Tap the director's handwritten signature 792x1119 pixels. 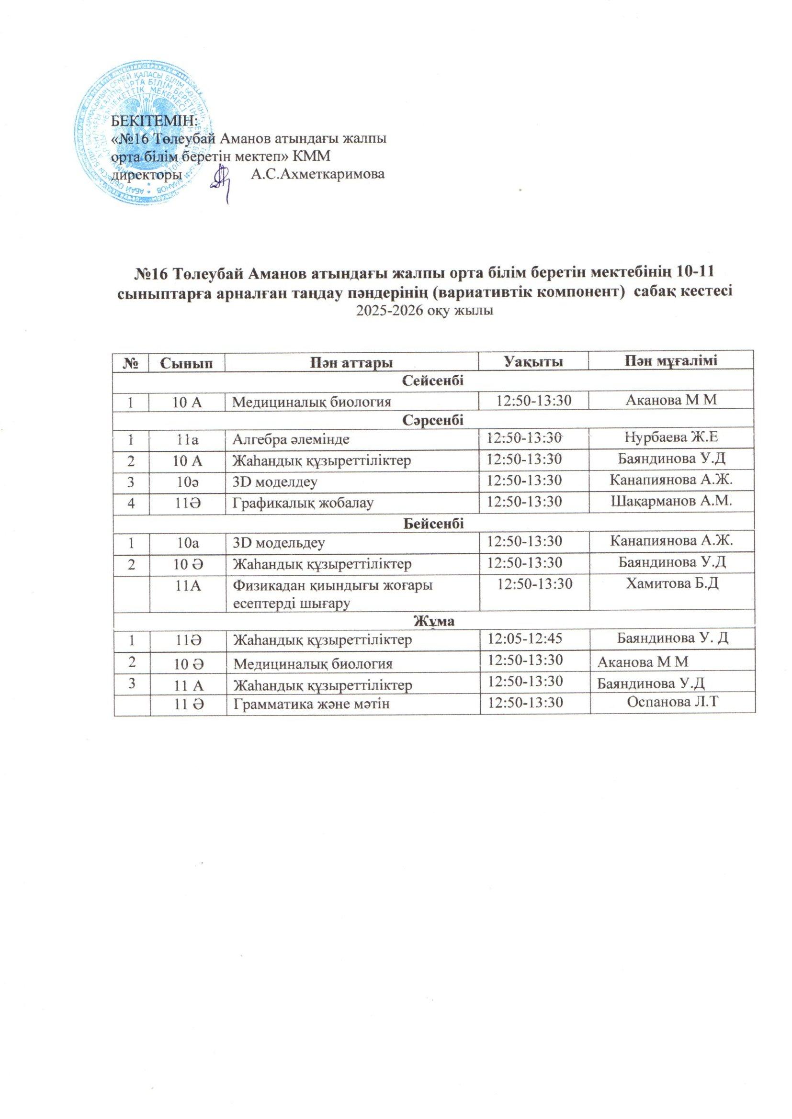pyautogui.click(x=222, y=183)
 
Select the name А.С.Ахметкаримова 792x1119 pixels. pyautogui.click(x=317, y=174)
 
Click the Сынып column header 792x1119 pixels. pyautogui.click(x=187, y=363)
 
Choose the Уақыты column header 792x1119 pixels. pyautogui.click(x=533, y=363)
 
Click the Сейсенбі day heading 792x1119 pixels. pyautogui.click(x=433, y=381)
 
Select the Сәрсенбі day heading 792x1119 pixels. pyautogui.click(x=433, y=420)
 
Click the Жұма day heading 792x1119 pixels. pyautogui.click(x=433, y=621)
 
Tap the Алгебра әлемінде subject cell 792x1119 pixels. pyautogui.click(x=291, y=439)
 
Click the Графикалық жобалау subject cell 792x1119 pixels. pyautogui.click(x=303, y=502)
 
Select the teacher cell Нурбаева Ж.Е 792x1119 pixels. pyautogui.click(x=671, y=438)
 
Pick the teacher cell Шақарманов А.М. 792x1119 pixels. pyautogui.click(x=671, y=502)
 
